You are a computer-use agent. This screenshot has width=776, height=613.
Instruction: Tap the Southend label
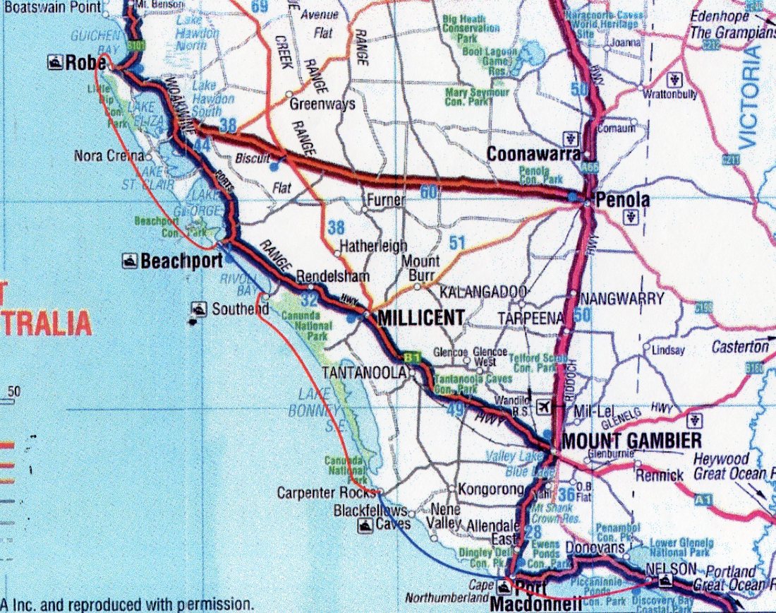click(240, 309)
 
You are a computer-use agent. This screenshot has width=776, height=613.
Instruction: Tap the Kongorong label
click(491, 489)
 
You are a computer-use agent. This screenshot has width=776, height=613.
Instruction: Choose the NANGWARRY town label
click(622, 299)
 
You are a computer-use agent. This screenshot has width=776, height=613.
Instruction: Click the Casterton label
click(739, 347)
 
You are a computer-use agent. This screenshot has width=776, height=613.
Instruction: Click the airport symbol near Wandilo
click(544, 407)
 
